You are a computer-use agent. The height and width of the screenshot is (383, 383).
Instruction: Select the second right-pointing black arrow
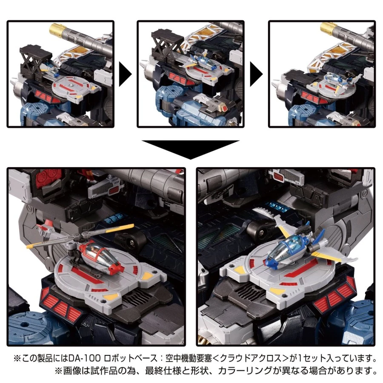(x=257, y=74)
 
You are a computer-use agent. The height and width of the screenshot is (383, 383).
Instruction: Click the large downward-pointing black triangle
(x=191, y=149)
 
